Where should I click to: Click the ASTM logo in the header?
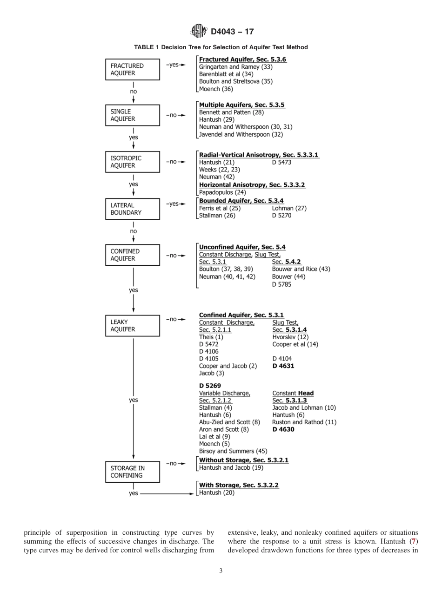click(x=199, y=32)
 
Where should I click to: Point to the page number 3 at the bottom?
click(x=221, y=571)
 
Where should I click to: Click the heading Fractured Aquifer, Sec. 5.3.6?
click(x=242, y=59)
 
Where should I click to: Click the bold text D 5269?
click(x=210, y=386)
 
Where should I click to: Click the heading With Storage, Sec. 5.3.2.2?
click(x=239, y=485)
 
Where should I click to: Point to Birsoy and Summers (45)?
click(x=233, y=451)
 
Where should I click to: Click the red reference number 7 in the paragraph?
click(x=415, y=542)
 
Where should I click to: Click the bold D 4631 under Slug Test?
click(x=283, y=366)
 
